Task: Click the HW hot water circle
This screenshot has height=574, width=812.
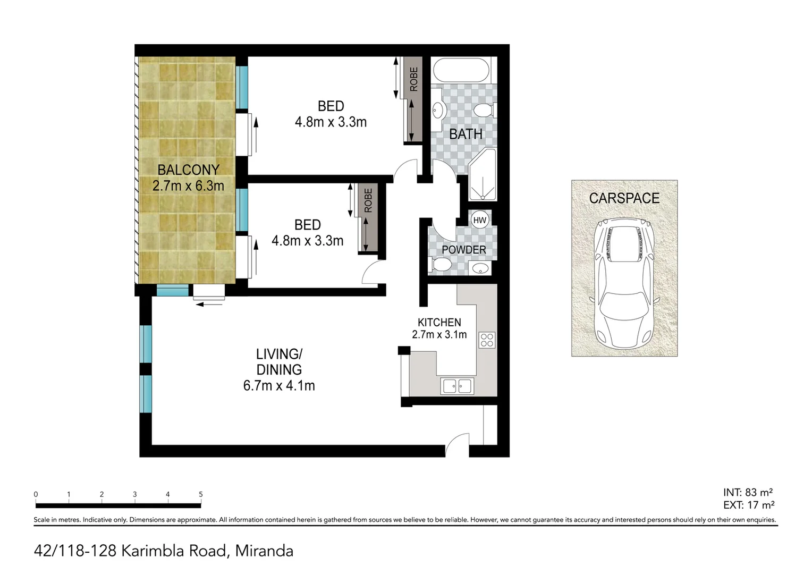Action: tap(479, 220)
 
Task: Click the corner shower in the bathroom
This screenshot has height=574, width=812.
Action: tap(483, 175)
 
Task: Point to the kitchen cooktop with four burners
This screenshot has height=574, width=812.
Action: tap(487, 340)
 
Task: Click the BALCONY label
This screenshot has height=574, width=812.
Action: tap(188, 170)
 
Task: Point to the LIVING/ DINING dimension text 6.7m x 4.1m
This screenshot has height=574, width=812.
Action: tap(279, 386)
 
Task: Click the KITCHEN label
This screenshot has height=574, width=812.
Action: tap(439, 322)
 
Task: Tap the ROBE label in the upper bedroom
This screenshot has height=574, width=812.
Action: tap(413, 79)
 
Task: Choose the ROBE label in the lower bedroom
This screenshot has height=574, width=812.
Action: tap(368, 200)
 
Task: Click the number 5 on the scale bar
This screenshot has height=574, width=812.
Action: tap(201, 494)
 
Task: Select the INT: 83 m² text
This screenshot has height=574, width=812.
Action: tap(748, 493)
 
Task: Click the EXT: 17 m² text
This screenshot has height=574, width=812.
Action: tap(748, 505)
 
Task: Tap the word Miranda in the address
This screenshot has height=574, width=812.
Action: tap(264, 551)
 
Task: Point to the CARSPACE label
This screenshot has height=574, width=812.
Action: tap(624, 198)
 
